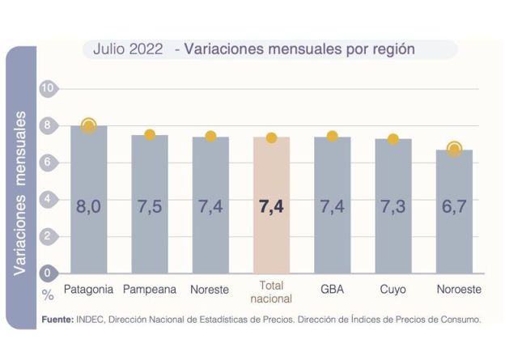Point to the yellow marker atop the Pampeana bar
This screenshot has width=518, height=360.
point(150,135)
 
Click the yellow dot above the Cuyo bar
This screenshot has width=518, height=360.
point(393,139)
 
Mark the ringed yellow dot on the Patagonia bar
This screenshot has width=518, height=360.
point(89,125)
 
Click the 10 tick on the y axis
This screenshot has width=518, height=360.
point(47,87)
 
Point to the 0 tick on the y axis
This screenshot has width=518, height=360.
point(47,273)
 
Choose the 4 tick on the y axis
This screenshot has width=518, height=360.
point(47,199)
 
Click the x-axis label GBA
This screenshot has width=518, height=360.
point(332,289)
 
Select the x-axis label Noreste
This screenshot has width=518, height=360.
point(210,289)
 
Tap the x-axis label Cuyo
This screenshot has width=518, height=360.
point(393,289)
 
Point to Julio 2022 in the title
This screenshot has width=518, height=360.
point(128,49)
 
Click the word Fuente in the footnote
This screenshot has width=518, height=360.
point(57,320)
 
